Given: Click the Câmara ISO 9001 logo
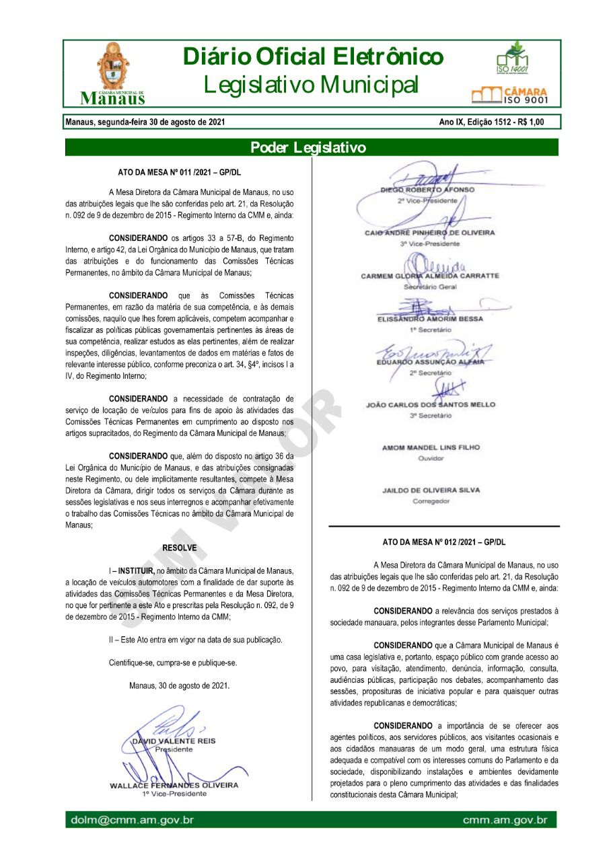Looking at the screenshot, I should click(510, 95).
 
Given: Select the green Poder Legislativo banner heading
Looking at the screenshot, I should click(308, 147).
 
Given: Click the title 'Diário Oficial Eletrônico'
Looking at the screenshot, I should click(313, 57).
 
